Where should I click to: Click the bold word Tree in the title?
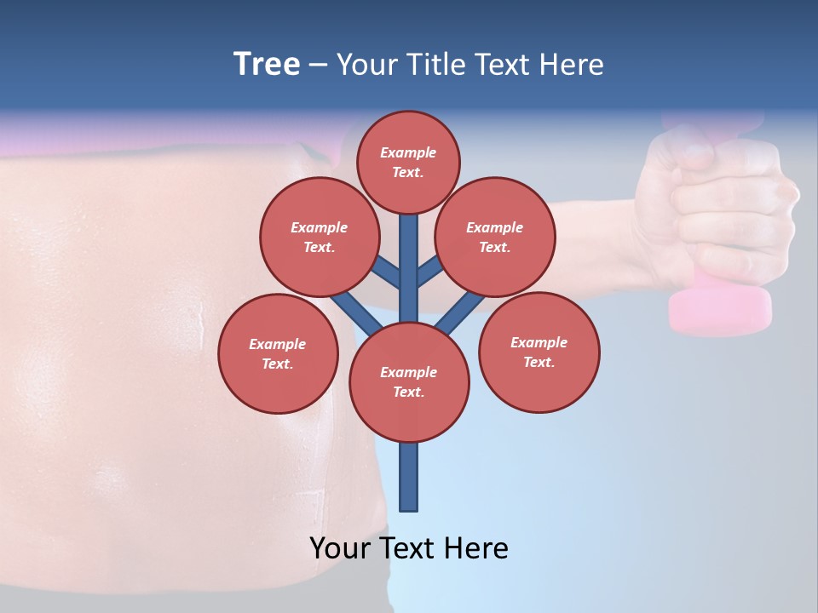click(x=267, y=64)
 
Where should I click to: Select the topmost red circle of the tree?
click(x=408, y=162)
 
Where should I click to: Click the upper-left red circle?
click(x=319, y=237)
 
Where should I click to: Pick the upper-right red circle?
click(x=495, y=237)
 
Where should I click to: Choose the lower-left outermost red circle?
click(x=278, y=353)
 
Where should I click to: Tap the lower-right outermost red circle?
click(x=539, y=352)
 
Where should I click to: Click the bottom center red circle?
click(x=409, y=382)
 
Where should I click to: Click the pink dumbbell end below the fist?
click(x=720, y=311)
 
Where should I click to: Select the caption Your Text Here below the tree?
click(x=409, y=548)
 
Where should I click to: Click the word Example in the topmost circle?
click(x=408, y=153)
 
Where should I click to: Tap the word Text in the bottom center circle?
click(x=407, y=392)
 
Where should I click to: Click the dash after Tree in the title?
click(x=318, y=66)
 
